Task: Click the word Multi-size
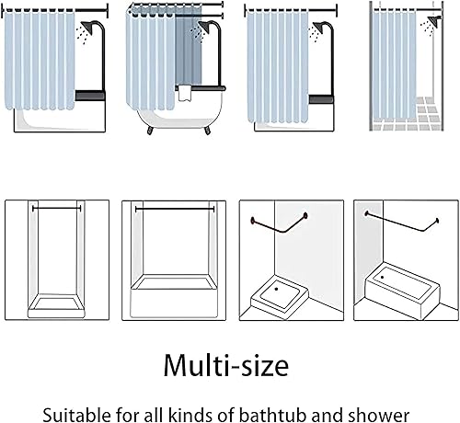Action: click(226, 365)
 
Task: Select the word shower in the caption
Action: click(378, 416)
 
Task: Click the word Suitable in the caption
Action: click(76, 416)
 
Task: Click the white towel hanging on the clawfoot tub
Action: click(185, 93)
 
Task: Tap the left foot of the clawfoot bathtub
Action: click(150, 130)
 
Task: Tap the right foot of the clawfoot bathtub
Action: click(208, 130)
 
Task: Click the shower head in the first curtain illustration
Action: click(87, 27)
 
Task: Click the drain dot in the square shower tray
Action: click(276, 289)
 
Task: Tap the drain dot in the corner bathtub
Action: click(382, 277)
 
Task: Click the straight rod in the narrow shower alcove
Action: click(57, 209)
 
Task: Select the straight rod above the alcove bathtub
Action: click(175, 209)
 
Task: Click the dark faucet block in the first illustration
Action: click(90, 96)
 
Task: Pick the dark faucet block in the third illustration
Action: click(321, 99)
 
